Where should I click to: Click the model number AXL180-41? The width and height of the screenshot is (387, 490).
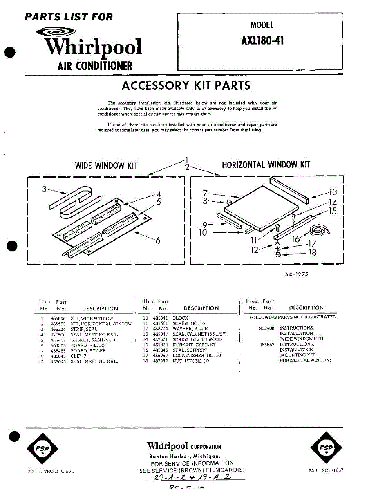pos(262,41)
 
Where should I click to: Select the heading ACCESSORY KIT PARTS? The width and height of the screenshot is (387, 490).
pos(186,86)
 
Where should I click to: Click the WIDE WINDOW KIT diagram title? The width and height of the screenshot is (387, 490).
pos(106,165)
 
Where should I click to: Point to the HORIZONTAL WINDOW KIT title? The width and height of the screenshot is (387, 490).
pos(266,165)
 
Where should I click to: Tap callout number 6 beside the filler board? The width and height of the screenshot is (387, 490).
pos(158,241)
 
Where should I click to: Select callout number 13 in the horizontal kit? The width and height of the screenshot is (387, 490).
pos(333,192)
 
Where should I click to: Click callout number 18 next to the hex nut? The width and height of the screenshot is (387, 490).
pos(313,253)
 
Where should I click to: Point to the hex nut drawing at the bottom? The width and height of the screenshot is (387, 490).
pos(277,255)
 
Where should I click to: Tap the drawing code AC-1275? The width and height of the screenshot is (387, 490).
pos(296,274)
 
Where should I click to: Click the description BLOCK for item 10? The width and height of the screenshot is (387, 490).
pos(181,318)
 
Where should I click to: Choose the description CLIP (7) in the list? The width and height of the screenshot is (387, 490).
pos(79,356)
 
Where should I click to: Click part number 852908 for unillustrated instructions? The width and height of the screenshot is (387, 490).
pos(266,328)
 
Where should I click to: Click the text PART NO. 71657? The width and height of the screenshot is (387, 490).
pos(326,470)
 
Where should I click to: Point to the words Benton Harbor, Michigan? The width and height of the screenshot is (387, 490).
pos(185,456)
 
